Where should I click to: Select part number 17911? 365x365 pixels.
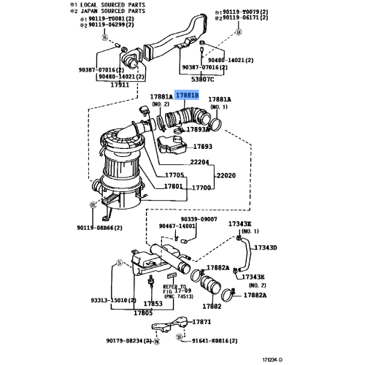120,85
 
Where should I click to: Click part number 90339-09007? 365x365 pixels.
198,219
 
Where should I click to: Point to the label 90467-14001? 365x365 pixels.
177,227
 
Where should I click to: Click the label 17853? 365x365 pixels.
153,303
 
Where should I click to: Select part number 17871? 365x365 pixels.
201,321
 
